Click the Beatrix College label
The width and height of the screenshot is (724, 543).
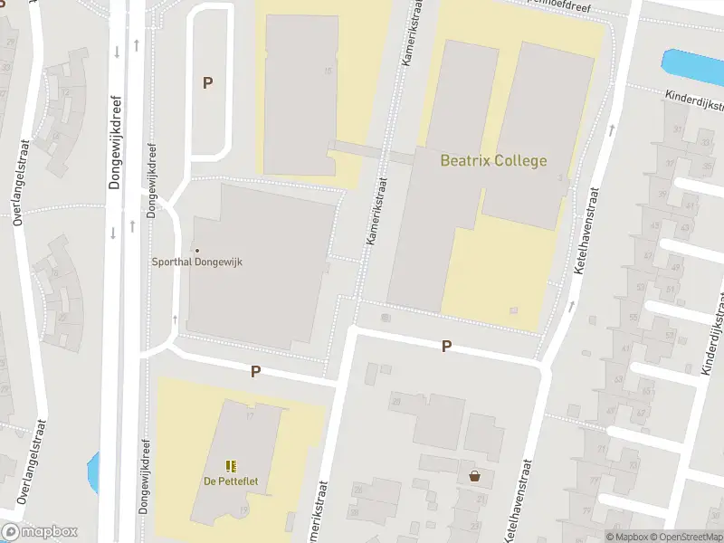pos(493,161)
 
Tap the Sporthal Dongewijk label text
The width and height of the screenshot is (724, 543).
pos(196,262)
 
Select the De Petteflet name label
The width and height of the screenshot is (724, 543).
pos(230,481)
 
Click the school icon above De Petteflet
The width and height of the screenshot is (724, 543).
pos(230,466)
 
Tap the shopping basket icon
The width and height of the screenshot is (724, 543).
pos(474,476)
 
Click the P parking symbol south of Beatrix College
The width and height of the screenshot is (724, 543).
pos(446,347)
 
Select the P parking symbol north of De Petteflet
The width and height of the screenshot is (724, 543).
pos(255,371)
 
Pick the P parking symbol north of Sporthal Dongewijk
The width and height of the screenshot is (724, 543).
pos(207,83)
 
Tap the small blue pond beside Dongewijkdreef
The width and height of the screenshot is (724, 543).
pos(91,469)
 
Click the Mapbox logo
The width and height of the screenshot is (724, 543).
pos(40,532)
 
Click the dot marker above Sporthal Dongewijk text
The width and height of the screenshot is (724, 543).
pos(196,250)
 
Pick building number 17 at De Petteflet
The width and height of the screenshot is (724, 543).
pos(250,415)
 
